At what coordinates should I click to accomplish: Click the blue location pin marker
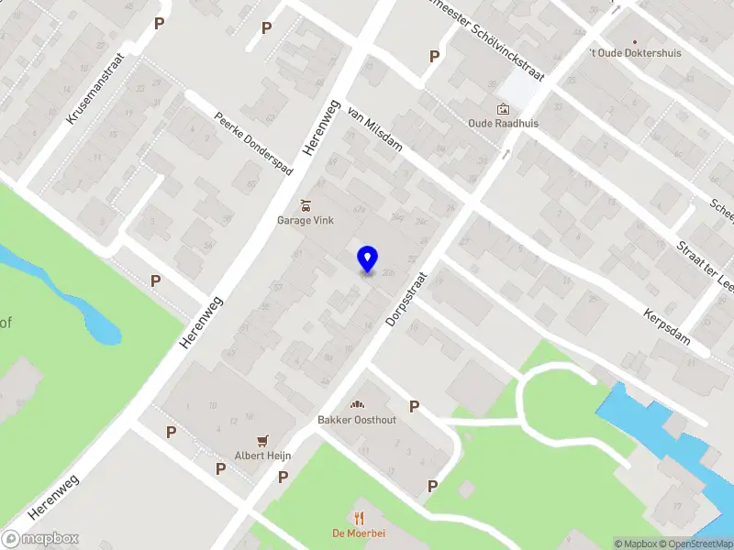[x=367, y=258]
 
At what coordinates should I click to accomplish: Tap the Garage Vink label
[x=306, y=220]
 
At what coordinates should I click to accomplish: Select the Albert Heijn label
[x=262, y=456]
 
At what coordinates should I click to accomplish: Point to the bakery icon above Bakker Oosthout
[x=356, y=405]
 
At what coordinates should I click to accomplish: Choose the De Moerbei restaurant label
[x=358, y=533]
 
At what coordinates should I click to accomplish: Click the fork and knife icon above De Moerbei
[x=359, y=518]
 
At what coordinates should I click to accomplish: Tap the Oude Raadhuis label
[x=503, y=123]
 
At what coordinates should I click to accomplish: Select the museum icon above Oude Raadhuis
[x=503, y=109]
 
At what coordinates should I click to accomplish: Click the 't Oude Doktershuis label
[x=636, y=53]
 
